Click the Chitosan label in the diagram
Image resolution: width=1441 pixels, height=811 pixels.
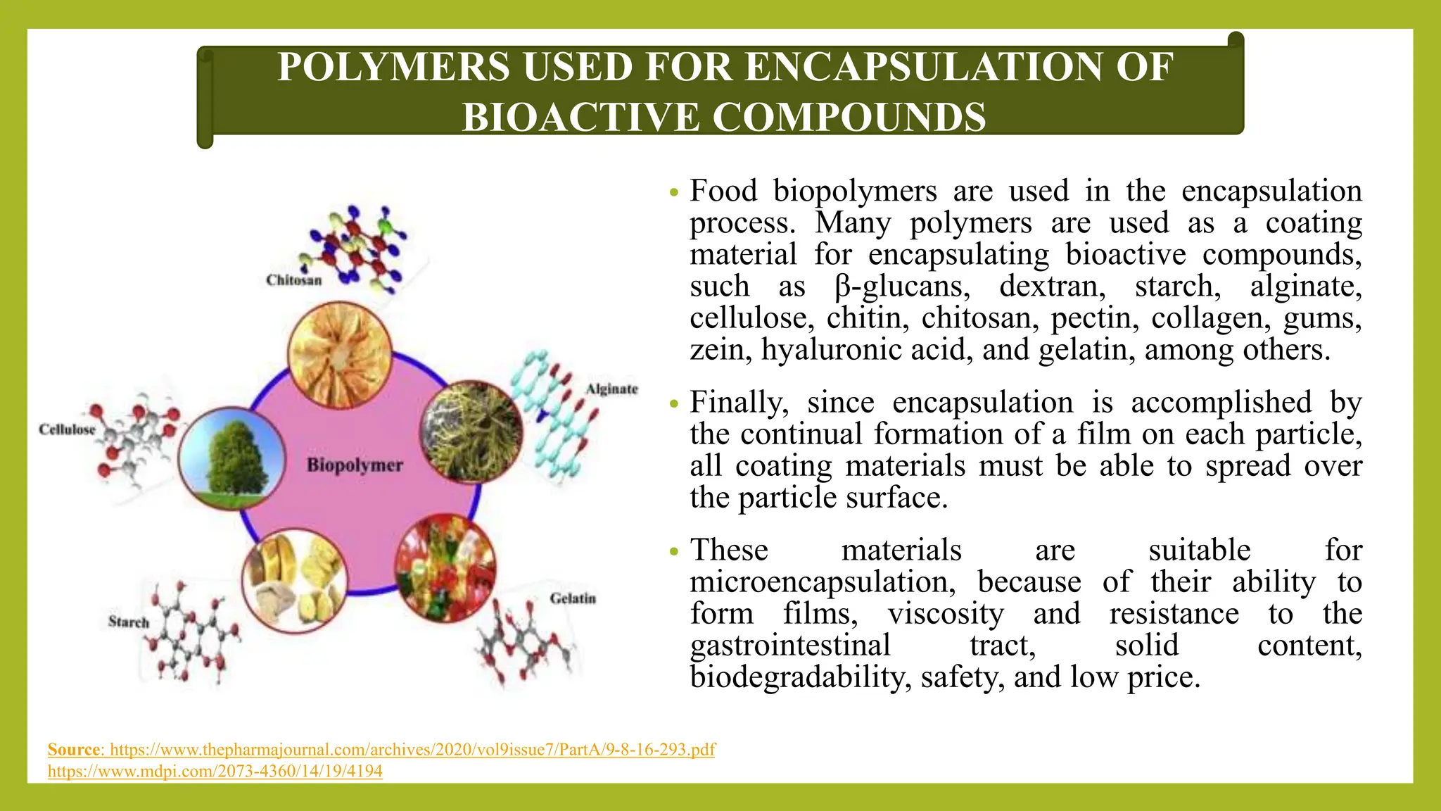tap(293, 280)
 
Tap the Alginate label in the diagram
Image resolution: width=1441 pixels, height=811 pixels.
tap(611, 389)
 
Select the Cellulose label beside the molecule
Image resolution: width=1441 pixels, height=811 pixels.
tap(67, 429)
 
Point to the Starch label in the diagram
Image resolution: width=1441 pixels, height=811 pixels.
tap(129, 622)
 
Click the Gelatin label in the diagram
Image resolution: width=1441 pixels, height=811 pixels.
tap(573, 598)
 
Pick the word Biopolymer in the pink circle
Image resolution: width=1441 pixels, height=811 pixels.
tap(355, 465)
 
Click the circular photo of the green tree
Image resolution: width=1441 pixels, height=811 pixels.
tap(231, 458)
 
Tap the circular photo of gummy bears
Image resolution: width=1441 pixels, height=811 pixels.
tap(446, 567)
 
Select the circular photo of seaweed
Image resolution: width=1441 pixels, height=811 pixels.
tap(471, 432)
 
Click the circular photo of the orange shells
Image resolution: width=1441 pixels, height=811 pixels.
tap(340, 355)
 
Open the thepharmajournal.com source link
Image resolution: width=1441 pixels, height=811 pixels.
tap(412, 749)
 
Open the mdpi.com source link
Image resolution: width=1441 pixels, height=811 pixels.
tap(215, 772)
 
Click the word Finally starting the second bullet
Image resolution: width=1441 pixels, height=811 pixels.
tap(739, 403)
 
